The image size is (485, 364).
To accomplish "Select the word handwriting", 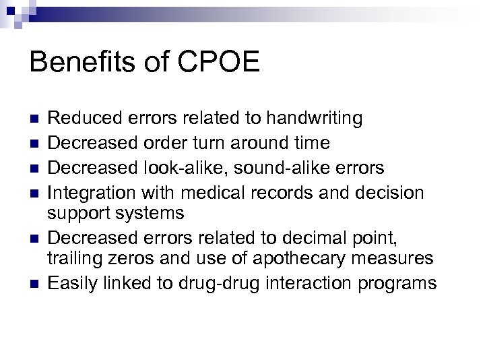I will click(x=314, y=119).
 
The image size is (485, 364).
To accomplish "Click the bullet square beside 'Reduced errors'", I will click(x=35, y=119).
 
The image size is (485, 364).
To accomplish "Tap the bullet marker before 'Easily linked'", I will click(x=35, y=283).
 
